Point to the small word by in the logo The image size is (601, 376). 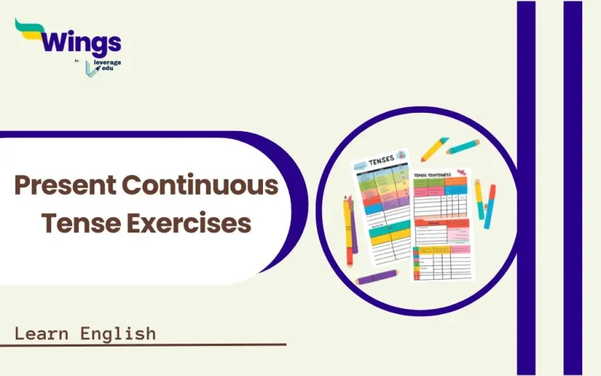pyautogui.click(x=78, y=61)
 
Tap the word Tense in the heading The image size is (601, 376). pyautogui.click(x=80, y=223)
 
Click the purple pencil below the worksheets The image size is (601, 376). pyautogui.click(x=376, y=278)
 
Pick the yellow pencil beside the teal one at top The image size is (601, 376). pyautogui.click(x=434, y=149)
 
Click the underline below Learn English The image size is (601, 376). pyautogui.click(x=143, y=345)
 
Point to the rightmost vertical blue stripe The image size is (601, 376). pyautogui.click(x=572, y=188)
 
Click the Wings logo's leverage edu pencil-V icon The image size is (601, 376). pyautogui.click(x=92, y=66)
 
